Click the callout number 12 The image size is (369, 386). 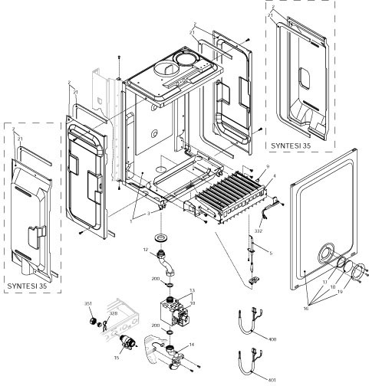[x=145, y=250]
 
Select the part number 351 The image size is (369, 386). [x=88, y=304]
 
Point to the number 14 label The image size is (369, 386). [x=191, y=344]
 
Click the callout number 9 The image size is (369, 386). [x=268, y=167]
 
